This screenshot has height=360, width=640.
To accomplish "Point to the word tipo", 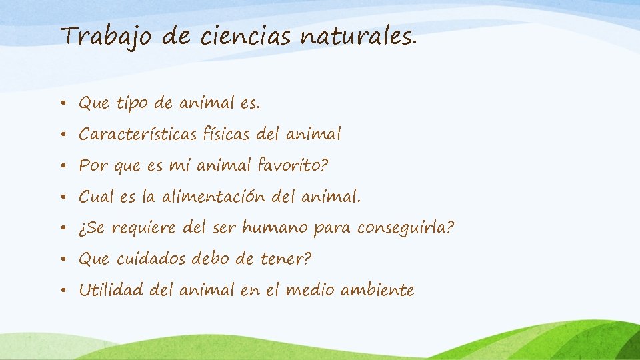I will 132,103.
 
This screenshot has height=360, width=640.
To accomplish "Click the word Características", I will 137,135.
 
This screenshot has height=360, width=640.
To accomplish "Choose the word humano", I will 275,228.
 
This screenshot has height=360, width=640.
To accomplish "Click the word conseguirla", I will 405,228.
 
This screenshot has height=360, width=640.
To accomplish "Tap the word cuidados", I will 153,259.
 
